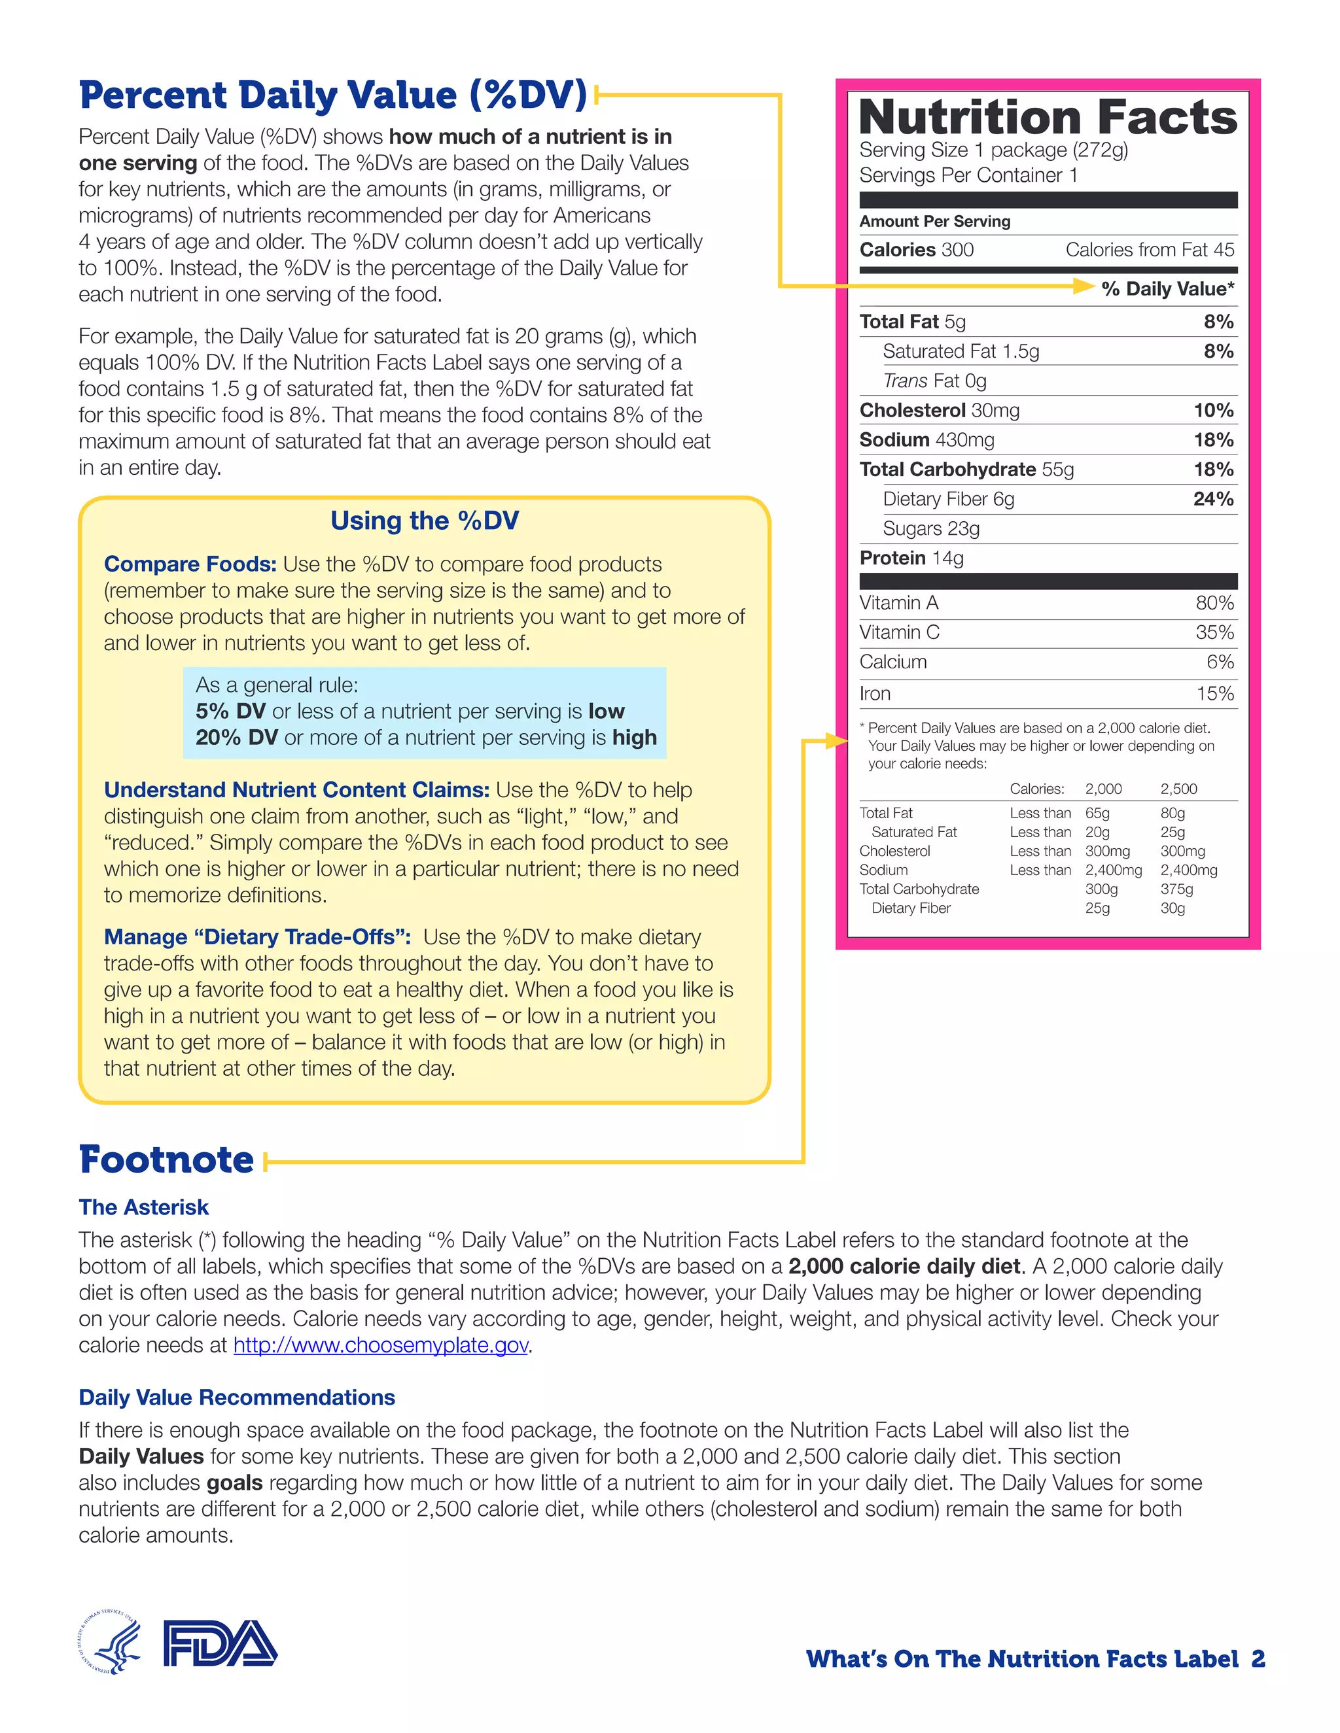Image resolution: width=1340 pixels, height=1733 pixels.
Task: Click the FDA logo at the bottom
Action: (x=220, y=1643)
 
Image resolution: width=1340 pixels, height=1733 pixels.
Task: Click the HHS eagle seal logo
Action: (x=111, y=1643)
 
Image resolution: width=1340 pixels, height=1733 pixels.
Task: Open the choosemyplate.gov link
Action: (x=380, y=1345)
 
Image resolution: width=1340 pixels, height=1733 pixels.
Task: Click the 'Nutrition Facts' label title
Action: (x=1047, y=118)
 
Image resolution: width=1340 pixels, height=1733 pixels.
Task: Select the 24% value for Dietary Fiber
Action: (x=1213, y=499)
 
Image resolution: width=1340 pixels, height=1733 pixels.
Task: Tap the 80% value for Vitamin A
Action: (x=1214, y=603)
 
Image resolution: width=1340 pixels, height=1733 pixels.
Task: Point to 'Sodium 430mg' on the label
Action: (x=926, y=439)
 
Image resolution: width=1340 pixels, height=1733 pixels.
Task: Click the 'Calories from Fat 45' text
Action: (x=1149, y=250)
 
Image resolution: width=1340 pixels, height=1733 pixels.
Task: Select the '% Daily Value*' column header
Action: (x=1167, y=289)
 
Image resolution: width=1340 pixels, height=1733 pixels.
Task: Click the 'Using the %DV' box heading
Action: (x=425, y=521)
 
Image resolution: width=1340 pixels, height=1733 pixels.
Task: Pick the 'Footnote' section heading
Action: (x=167, y=1159)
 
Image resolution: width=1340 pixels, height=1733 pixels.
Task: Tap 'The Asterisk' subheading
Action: (x=144, y=1207)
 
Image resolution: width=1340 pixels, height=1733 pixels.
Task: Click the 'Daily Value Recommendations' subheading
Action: (x=237, y=1398)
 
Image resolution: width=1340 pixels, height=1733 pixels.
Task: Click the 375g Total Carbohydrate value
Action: (x=1176, y=889)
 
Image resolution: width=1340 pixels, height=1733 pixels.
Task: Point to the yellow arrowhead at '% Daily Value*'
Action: (x=1083, y=286)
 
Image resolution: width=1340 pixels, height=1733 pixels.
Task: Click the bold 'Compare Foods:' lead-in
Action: (x=190, y=564)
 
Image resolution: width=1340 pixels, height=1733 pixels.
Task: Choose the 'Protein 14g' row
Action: (x=911, y=558)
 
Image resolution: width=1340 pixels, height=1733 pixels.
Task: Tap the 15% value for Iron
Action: (x=1214, y=693)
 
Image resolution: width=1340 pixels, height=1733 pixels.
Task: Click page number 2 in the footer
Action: (x=1258, y=1659)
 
